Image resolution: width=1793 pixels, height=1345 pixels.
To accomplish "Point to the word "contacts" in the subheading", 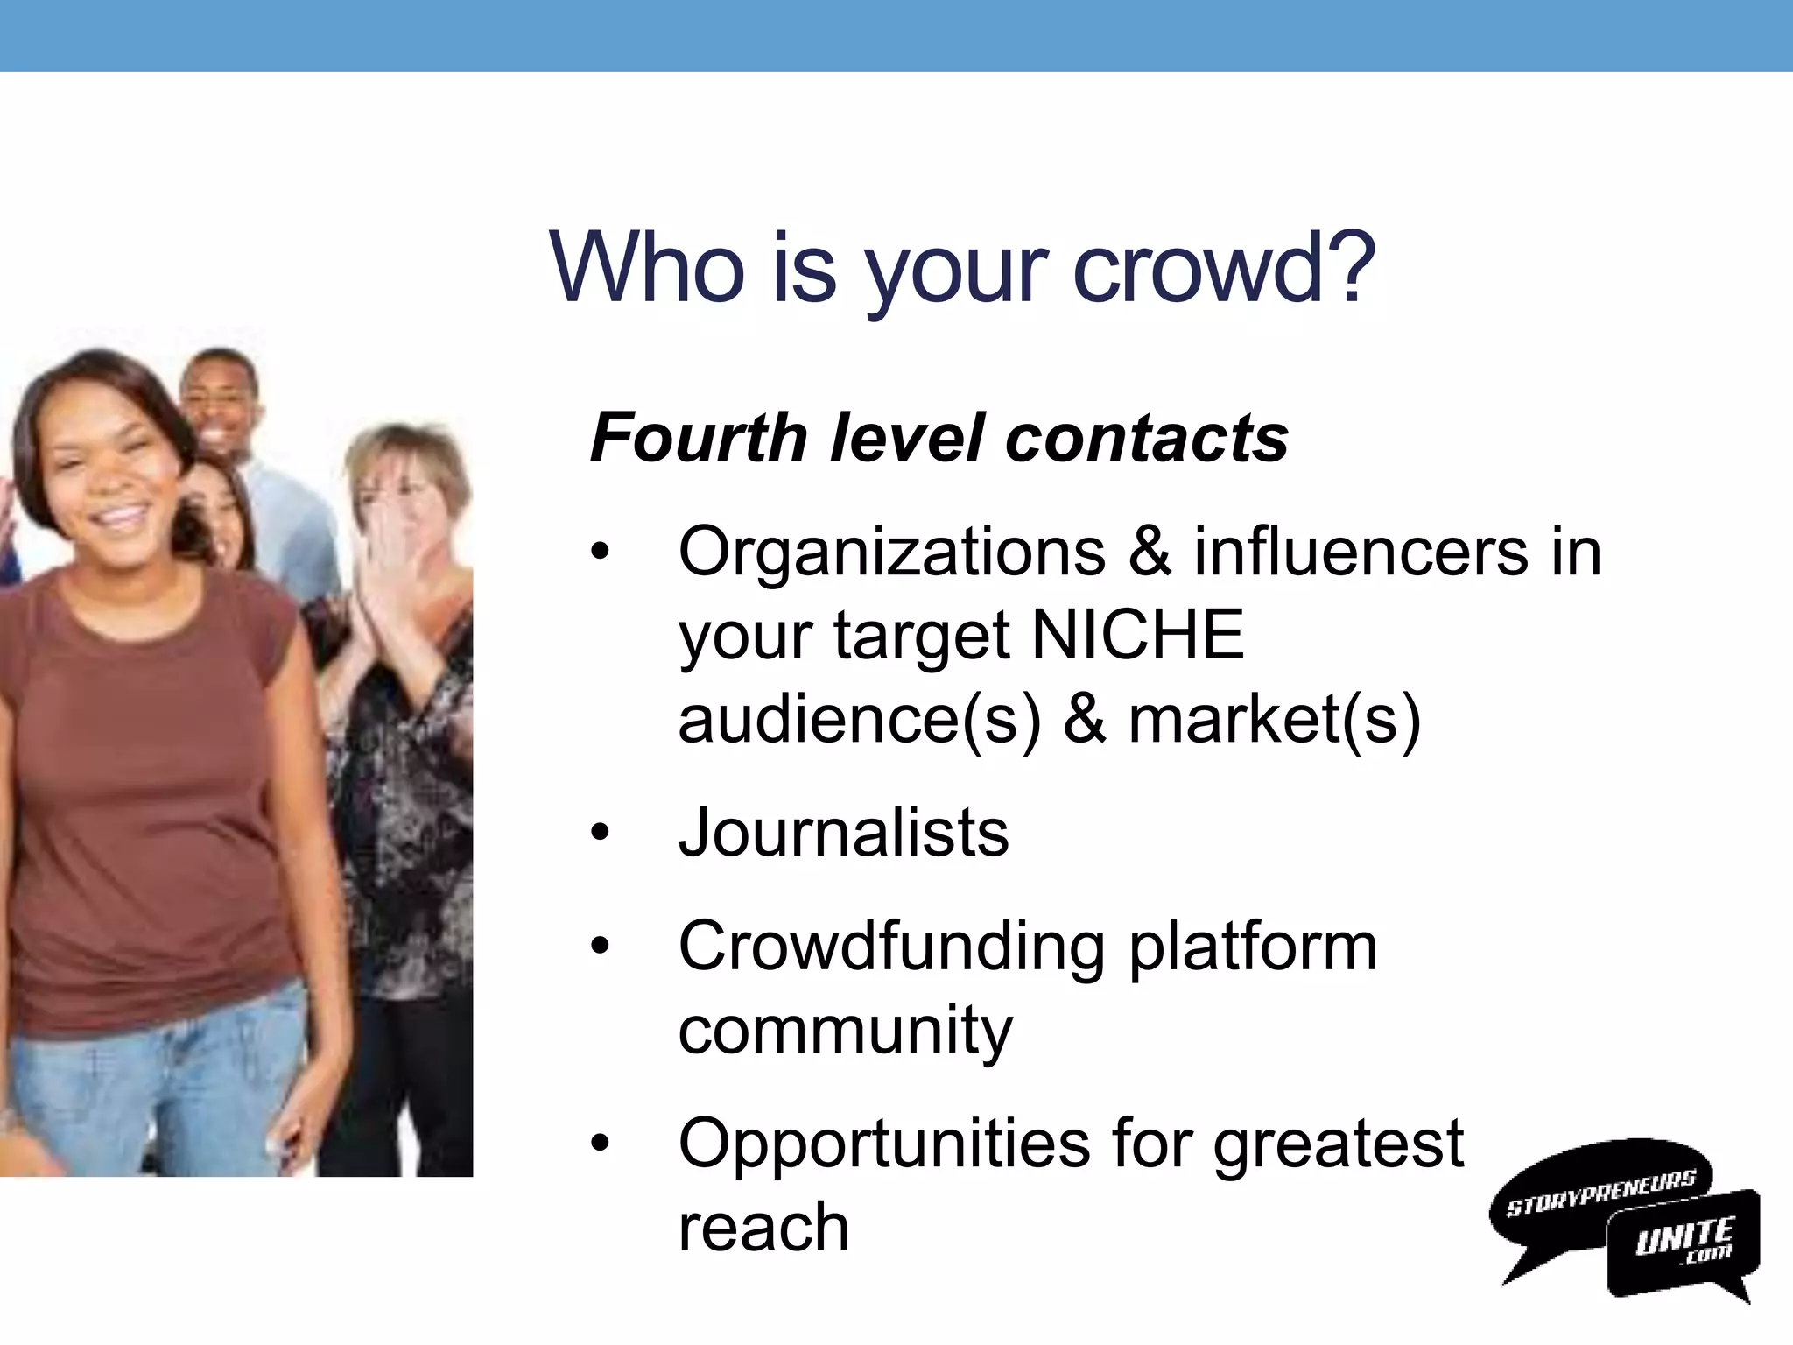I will (1147, 438).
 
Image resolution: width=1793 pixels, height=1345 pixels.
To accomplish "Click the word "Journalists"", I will (844, 832).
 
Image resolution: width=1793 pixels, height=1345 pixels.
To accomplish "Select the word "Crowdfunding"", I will (892, 947).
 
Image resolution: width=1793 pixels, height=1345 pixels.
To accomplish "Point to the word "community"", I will (845, 1031).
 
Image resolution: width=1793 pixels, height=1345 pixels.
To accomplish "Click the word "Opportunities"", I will (883, 1144).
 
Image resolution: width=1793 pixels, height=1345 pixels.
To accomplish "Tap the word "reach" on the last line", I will (763, 1227).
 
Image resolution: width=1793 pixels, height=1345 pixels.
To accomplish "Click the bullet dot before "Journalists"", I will (600, 833).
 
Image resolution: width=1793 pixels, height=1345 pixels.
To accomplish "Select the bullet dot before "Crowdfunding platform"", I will (600, 947).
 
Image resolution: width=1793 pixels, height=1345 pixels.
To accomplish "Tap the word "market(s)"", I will (1275, 719).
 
